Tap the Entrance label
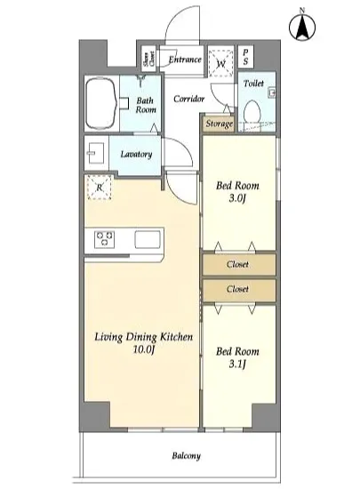(185, 60)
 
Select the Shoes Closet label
(149, 59)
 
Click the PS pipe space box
(245, 57)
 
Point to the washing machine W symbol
(221, 63)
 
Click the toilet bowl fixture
(252, 111)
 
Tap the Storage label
(220, 124)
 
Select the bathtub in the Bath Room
(101, 104)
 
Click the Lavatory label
(136, 154)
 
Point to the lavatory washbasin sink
(95, 153)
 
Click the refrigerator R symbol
(100, 188)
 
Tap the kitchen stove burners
(104, 239)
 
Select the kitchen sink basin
(148, 239)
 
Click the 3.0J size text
(237, 198)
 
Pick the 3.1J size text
(237, 364)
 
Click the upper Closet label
(237, 264)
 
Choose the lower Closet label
(237, 289)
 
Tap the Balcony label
(186, 456)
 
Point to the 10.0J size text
(144, 349)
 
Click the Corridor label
(188, 99)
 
